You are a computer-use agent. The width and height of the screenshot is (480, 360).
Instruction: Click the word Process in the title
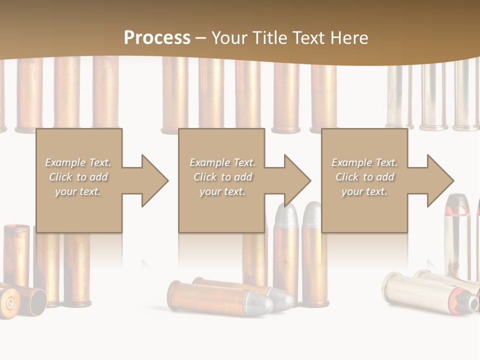[157, 38]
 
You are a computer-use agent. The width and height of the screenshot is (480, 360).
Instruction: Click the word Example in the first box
[65, 162]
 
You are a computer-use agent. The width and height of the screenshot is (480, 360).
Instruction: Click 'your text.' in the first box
[78, 191]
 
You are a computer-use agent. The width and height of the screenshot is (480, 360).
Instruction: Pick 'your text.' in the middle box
[222, 191]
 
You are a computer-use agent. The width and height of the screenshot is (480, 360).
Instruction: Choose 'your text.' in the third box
[364, 191]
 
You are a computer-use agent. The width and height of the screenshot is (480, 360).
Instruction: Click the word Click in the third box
[347, 177]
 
